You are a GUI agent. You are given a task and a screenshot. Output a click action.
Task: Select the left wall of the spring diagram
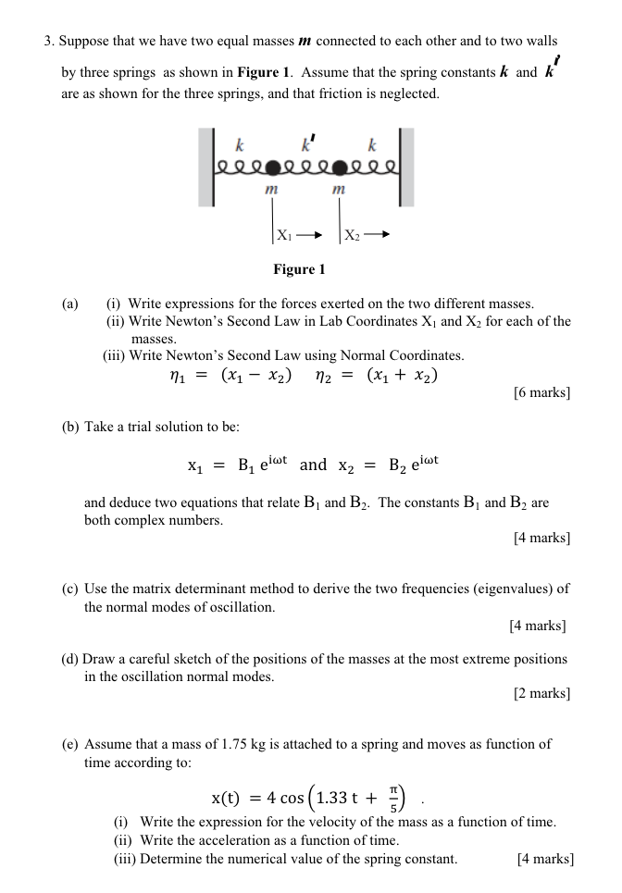click(x=205, y=167)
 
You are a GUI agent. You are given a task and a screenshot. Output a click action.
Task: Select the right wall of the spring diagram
click(x=407, y=167)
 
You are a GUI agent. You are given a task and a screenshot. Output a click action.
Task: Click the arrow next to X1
click(x=308, y=235)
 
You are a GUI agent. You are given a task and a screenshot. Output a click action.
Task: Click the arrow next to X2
click(x=377, y=235)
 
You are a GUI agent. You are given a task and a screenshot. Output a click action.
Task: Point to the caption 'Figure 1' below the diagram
click(x=300, y=269)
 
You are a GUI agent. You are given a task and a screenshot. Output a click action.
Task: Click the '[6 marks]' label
click(x=541, y=393)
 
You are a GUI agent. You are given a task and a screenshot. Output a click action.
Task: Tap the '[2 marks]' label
click(x=541, y=693)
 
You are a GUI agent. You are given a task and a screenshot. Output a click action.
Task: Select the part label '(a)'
click(x=70, y=304)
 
